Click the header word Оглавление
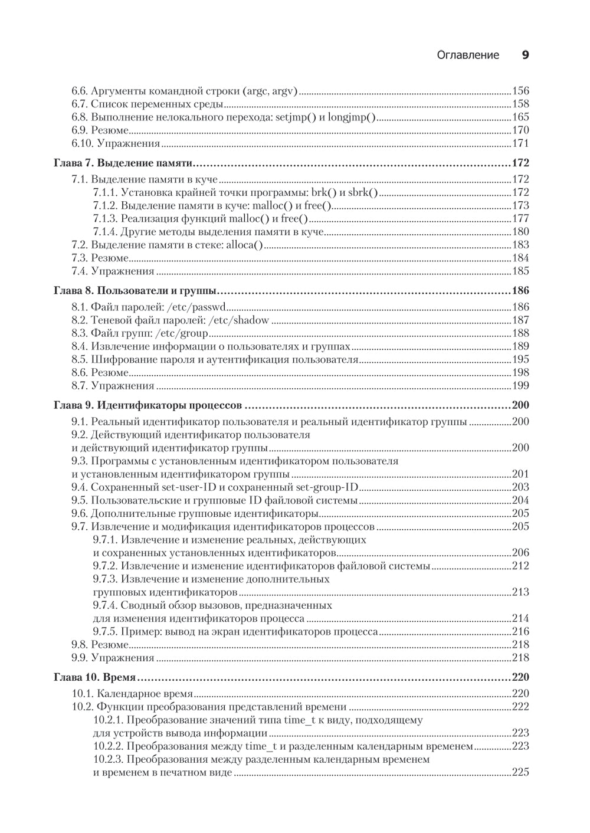coord(468,55)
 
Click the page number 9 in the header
coord(525,55)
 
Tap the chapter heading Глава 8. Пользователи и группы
coord(135,291)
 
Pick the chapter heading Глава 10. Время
coord(95,677)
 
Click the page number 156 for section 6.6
coord(520,91)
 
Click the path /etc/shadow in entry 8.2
coord(240,320)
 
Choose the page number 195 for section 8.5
coord(520,359)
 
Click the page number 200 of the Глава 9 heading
coord(520,405)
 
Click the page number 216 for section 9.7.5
coord(520,631)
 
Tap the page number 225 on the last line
coord(520,772)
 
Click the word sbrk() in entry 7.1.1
coord(363,192)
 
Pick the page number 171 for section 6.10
coord(520,143)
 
